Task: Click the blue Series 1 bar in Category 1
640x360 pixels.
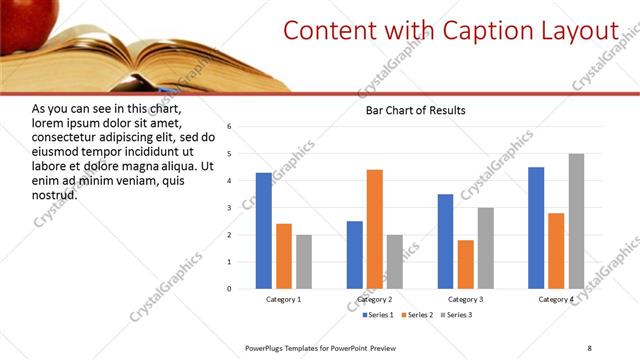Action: pos(263,230)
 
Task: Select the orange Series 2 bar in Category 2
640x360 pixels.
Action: pos(375,229)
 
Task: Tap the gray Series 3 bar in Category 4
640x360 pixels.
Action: pos(576,221)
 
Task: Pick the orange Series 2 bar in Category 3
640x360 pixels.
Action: pos(465,264)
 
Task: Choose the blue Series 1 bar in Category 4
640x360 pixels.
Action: pos(536,227)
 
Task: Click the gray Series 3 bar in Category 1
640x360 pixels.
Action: pos(303,262)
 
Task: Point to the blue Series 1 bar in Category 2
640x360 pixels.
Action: pos(355,255)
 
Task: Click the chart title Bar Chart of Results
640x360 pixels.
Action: pos(415,110)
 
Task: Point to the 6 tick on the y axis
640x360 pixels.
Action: pos(229,127)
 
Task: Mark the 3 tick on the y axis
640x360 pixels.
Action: pos(229,208)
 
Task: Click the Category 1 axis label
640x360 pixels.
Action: pos(283,299)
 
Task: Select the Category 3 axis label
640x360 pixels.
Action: pos(465,299)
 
